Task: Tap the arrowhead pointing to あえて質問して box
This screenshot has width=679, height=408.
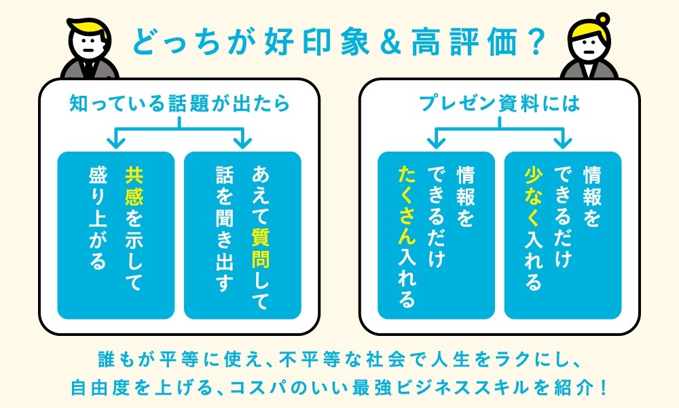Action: point(242,141)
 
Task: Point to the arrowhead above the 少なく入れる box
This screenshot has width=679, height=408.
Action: point(563,141)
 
